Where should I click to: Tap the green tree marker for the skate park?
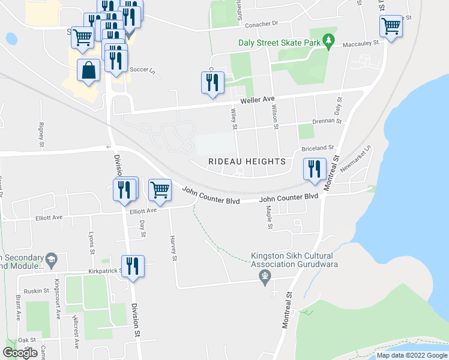coord(328,41)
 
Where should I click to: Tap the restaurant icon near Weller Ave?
coord(212,83)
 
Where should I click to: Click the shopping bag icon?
coord(89,70)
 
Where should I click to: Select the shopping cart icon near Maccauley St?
coord(391,26)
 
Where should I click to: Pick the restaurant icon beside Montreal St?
coord(315,169)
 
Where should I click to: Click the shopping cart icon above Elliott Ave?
coord(160,190)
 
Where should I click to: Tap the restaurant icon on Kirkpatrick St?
coord(133,266)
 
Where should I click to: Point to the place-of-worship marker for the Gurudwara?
coord(264,275)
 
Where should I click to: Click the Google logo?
coord(20,353)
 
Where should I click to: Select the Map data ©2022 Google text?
coord(411,355)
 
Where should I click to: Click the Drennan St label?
coord(330,121)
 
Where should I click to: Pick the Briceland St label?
coord(318,148)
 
